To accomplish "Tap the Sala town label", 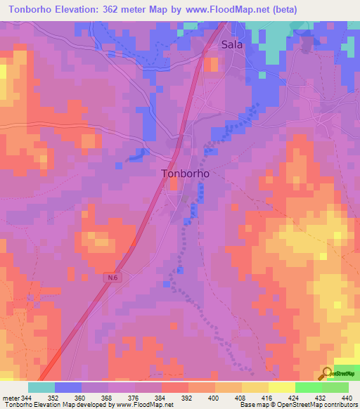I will [x=232, y=44].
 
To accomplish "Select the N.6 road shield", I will [x=113, y=278].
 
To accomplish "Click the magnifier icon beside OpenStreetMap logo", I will [x=328, y=373].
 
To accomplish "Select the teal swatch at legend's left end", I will [x=41, y=387].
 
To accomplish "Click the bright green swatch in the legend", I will [x=309, y=387].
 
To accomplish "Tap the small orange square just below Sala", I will [x=210, y=64].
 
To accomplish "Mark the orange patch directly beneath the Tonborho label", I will [x=173, y=185].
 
